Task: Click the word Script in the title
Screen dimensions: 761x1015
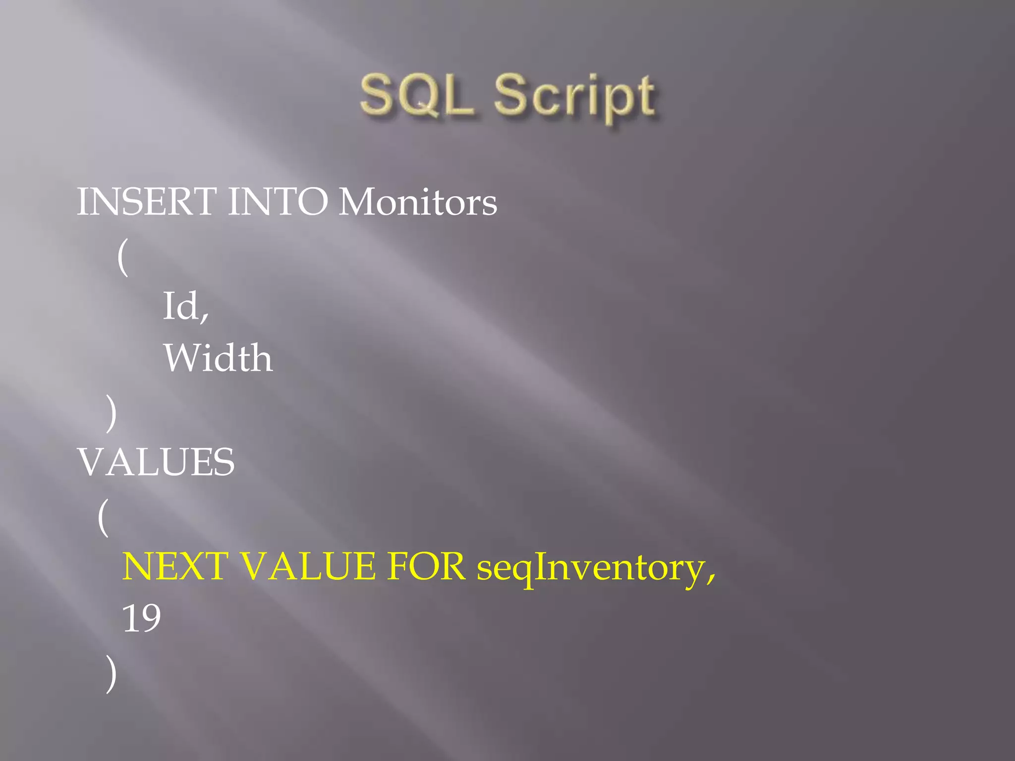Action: [575, 96]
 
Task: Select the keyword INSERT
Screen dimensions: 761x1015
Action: [147, 202]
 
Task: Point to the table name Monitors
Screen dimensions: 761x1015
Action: [417, 202]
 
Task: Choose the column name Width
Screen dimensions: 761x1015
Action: [218, 358]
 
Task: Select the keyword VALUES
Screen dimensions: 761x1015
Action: [157, 462]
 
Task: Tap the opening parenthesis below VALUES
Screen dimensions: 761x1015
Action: [103, 517]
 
